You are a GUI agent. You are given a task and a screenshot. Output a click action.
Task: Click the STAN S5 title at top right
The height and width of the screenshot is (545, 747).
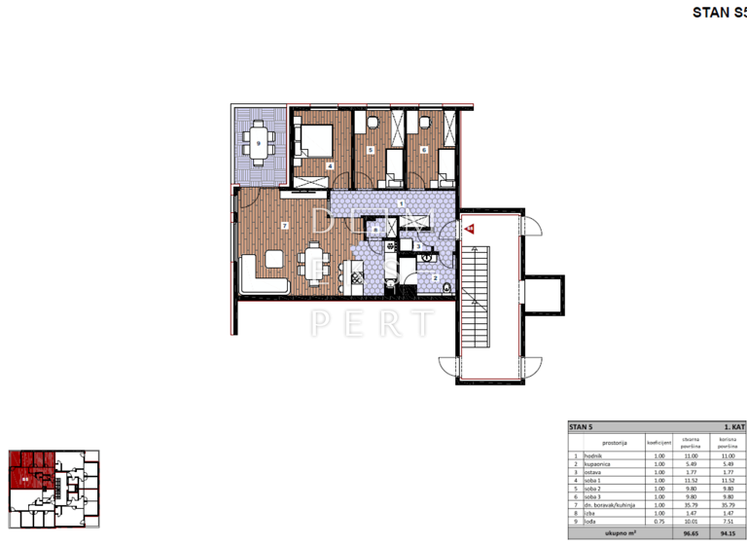[x=718, y=13]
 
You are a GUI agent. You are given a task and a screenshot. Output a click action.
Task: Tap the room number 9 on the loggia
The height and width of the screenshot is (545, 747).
[x=259, y=144]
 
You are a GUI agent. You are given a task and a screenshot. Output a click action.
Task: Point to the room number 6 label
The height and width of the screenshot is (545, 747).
[x=424, y=150]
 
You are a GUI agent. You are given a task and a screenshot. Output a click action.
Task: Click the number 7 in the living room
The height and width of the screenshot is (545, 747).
[x=284, y=225]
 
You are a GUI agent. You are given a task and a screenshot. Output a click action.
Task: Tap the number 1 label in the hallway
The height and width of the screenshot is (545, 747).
[x=401, y=202]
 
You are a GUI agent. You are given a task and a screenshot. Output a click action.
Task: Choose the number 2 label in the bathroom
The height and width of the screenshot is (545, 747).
[x=436, y=277]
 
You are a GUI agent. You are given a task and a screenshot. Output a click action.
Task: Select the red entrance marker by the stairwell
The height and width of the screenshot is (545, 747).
[x=468, y=230]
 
